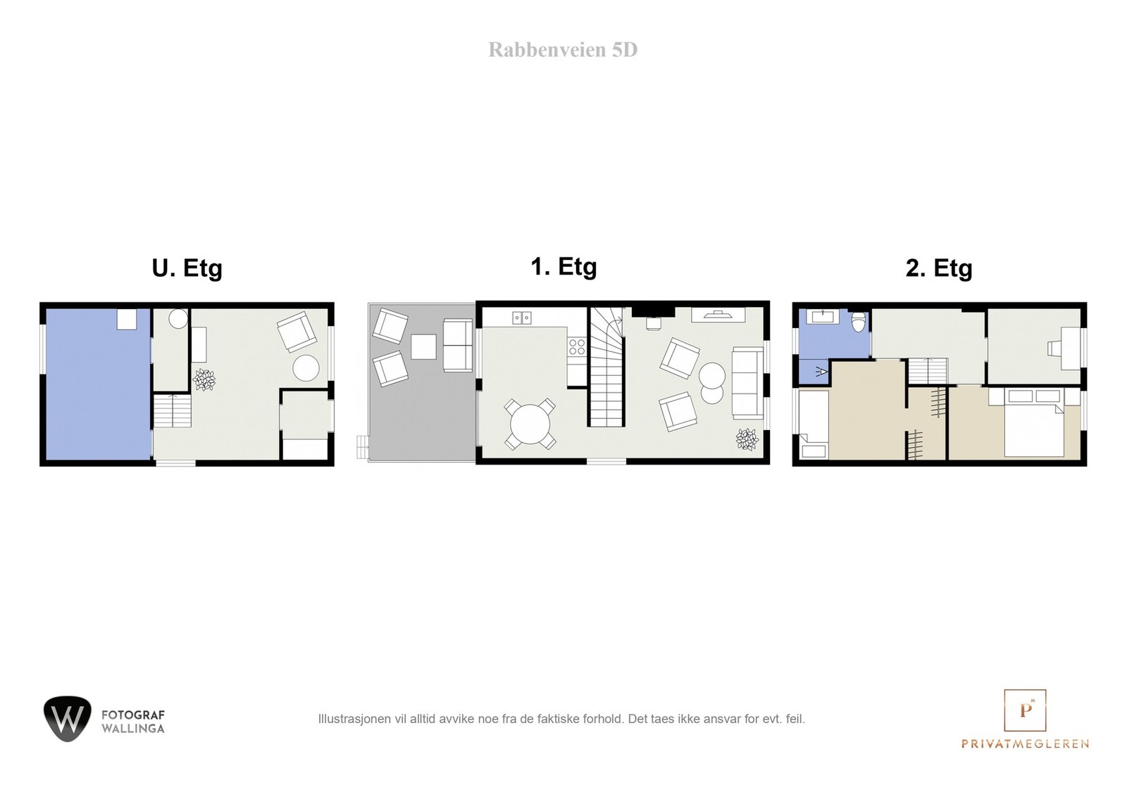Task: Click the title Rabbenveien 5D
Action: (563, 50)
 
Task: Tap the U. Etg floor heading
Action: (187, 268)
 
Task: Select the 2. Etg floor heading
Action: (938, 268)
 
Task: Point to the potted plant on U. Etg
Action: (204, 379)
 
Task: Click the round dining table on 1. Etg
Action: (530, 425)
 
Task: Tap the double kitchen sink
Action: (522, 318)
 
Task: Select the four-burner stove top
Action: (576, 346)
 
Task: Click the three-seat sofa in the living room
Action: (748, 383)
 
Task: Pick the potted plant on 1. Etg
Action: (747, 440)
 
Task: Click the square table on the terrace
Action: (423, 346)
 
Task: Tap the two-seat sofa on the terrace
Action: (457, 345)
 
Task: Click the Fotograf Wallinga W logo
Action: (68, 718)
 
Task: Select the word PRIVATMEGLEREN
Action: (1025, 743)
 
